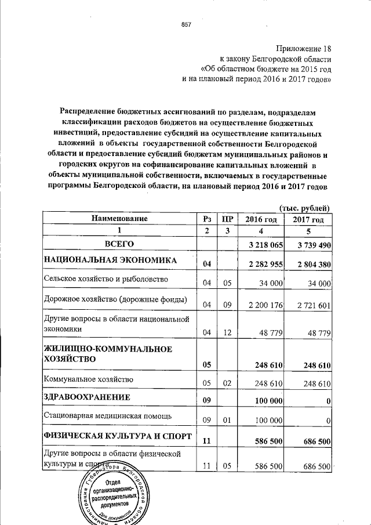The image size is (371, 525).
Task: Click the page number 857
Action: (x=186, y=25)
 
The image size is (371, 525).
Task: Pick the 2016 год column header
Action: (x=260, y=219)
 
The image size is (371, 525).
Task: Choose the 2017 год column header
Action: (x=308, y=219)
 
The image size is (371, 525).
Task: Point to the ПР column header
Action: (x=227, y=219)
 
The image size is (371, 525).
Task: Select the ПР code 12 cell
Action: (x=227, y=332)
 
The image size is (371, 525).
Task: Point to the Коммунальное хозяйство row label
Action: (x=89, y=379)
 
